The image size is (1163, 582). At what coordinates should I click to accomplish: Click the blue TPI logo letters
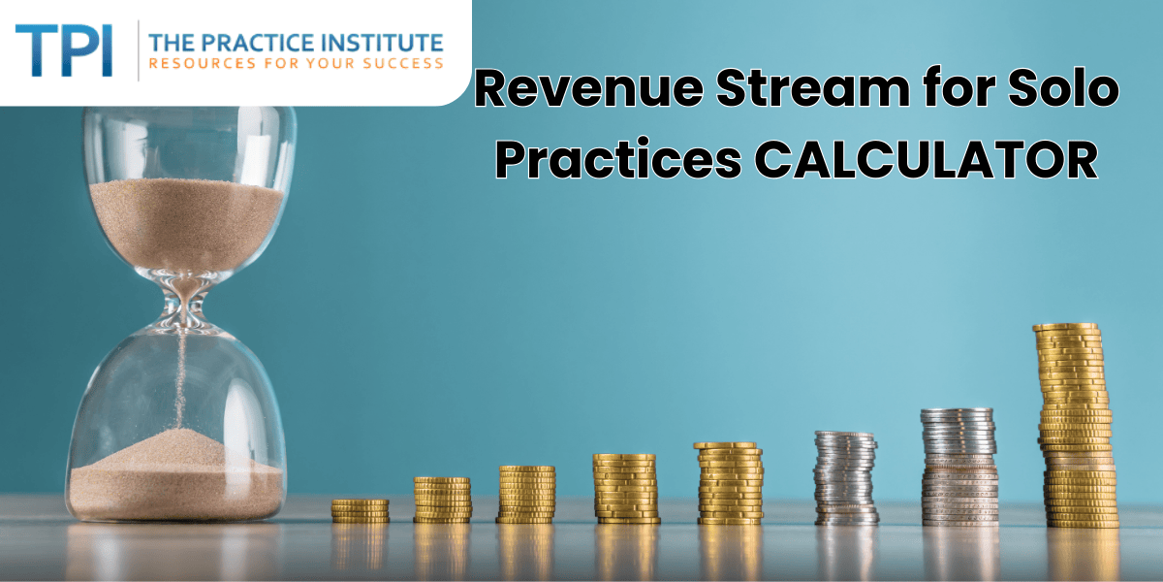coord(64,50)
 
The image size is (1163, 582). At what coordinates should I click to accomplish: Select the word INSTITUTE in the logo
coord(382,43)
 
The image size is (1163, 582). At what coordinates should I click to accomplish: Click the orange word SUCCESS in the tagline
coord(402,64)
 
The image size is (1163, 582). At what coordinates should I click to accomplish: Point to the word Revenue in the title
coord(589,88)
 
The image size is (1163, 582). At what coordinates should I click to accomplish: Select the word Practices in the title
coord(618,159)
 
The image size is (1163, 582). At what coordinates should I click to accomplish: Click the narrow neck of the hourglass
coord(183,307)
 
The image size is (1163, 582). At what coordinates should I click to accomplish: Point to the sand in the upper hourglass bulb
coord(186,223)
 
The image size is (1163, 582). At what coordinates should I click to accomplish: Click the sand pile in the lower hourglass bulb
coord(175,475)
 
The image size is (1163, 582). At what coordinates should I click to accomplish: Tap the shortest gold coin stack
coord(361,511)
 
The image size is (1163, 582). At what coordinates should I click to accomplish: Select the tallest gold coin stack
coord(1075,425)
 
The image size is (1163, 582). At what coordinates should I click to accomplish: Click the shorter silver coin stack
coord(845,477)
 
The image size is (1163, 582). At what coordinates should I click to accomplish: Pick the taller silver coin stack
coord(959,467)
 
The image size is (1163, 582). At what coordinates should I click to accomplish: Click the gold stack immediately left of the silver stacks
coord(730,483)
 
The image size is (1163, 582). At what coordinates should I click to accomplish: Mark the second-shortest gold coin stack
coord(442,500)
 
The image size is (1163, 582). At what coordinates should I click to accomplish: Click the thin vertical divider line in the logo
coord(138,50)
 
